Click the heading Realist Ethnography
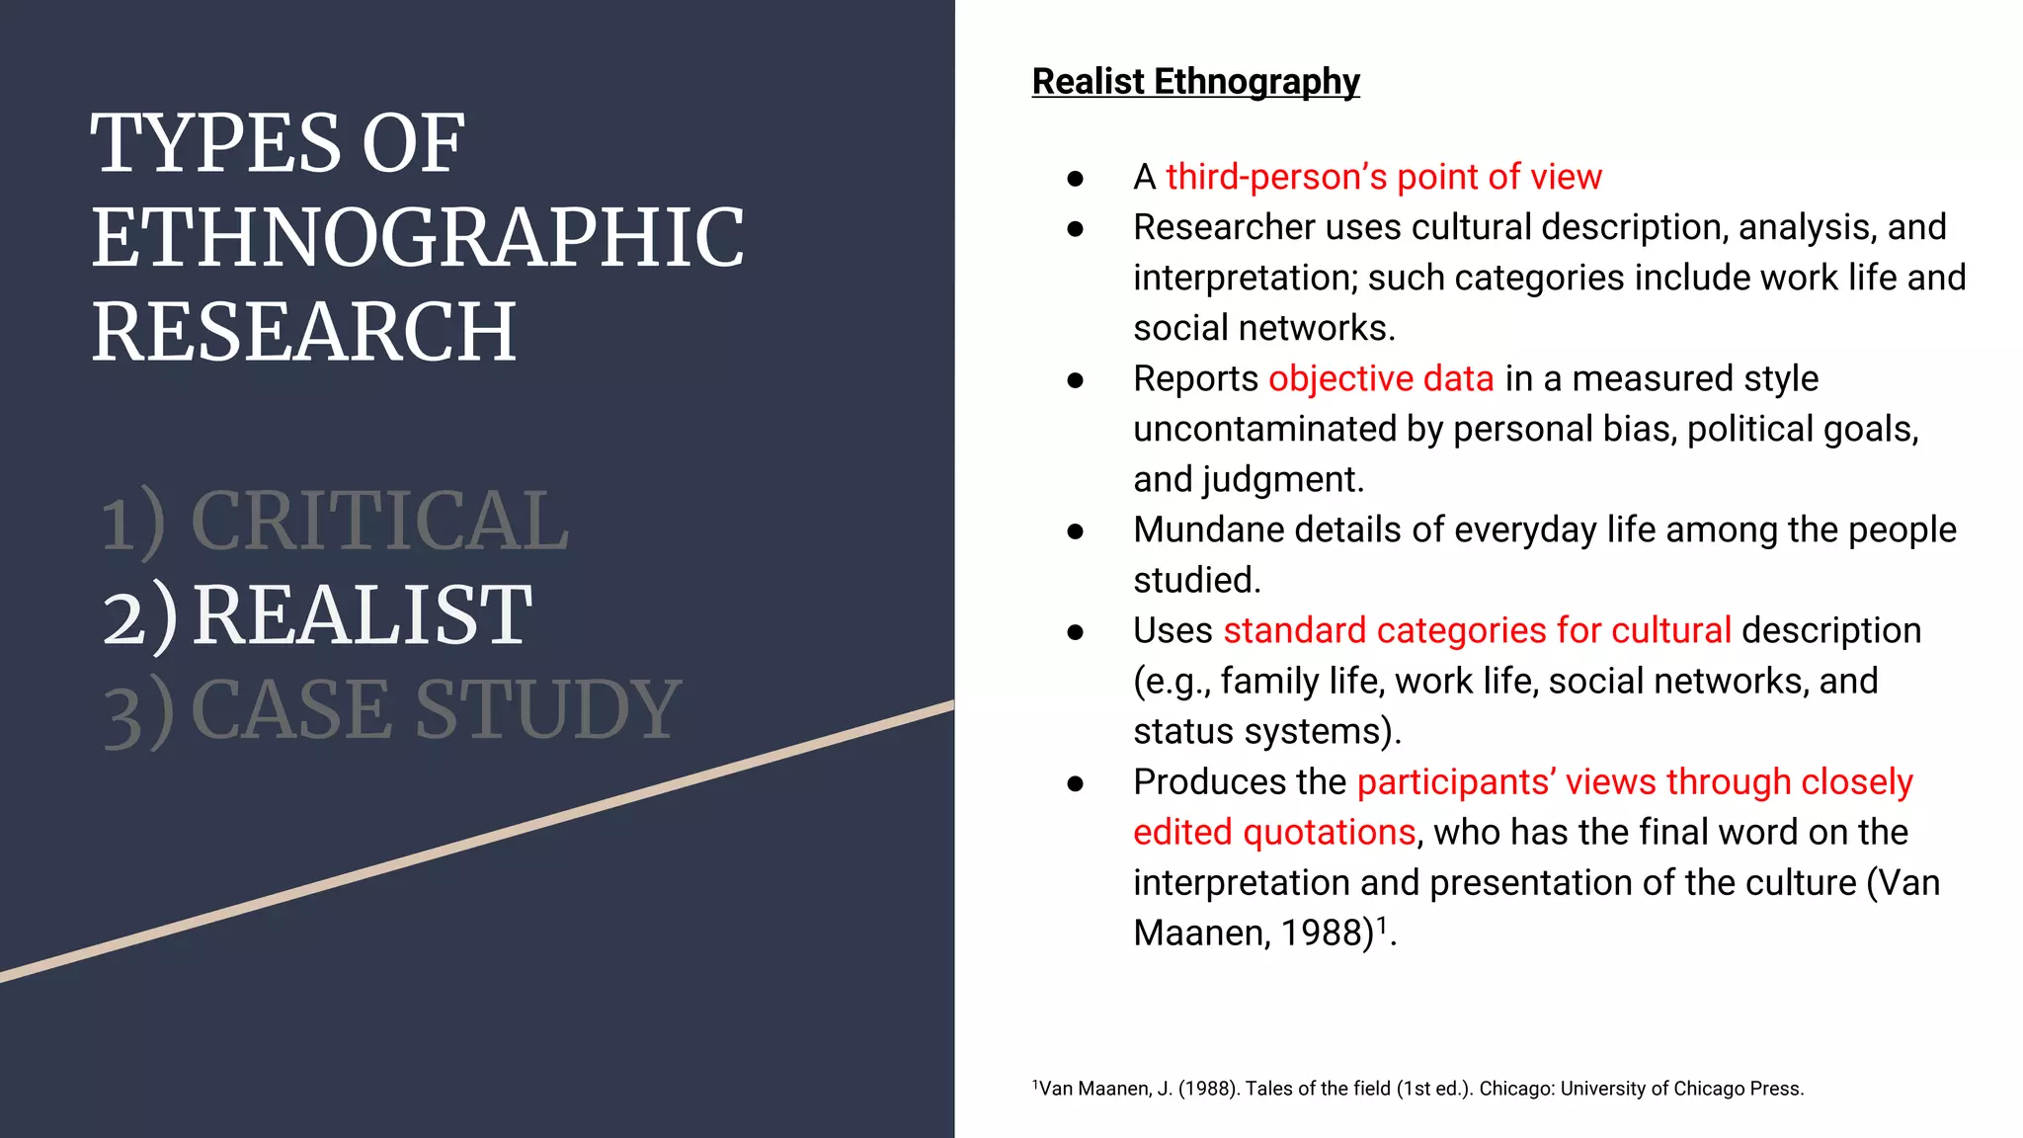(x=1195, y=82)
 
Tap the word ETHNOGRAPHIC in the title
(x=417, y=238)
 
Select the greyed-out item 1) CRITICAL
(x=335, y=521)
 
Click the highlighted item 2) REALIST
(x=317, y=615)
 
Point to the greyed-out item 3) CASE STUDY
(x=392, y=709)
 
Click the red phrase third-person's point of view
(x=1383, y=178)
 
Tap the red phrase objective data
(x=1381, y=379)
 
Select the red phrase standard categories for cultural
(x=1477, y=631)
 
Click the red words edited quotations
(x=1274, y=833)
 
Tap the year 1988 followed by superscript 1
(x=1328, y=934)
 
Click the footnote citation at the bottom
(x=1417, y=1089)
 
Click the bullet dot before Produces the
(x=1076, y=784)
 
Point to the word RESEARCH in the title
(x=304, y=332)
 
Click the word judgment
(x=1281, y=480)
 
